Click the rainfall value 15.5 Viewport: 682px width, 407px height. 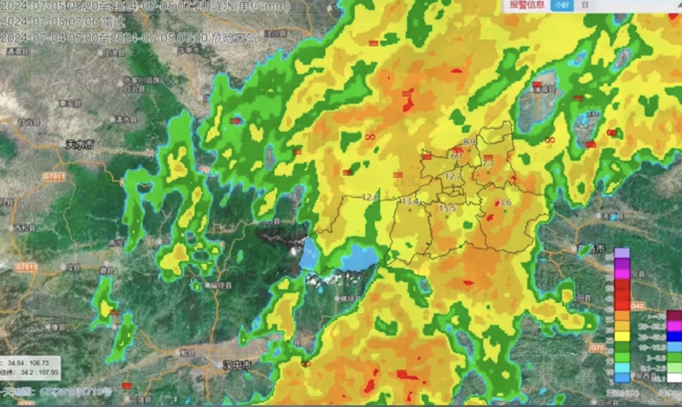coord(447,208)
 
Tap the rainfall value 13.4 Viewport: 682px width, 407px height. coord(410,201)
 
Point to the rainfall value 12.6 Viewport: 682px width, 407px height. coord(370,197)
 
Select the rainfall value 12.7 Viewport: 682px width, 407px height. coord(453,176)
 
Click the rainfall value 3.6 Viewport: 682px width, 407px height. coord(504,203)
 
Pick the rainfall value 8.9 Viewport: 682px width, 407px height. coord(469,142)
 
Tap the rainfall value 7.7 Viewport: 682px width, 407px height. coord(487,164)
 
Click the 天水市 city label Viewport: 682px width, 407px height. coord(80,144)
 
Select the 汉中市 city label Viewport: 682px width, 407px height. coord(237,365)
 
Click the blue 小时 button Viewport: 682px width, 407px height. coord(560,5)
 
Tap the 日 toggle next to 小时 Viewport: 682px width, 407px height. coord(585,5)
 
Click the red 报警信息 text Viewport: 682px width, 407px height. coord(527,5)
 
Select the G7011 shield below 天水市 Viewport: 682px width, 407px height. coord(53,176)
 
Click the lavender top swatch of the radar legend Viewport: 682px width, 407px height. coord(622,253)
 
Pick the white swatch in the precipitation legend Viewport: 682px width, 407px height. coord(674,378)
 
